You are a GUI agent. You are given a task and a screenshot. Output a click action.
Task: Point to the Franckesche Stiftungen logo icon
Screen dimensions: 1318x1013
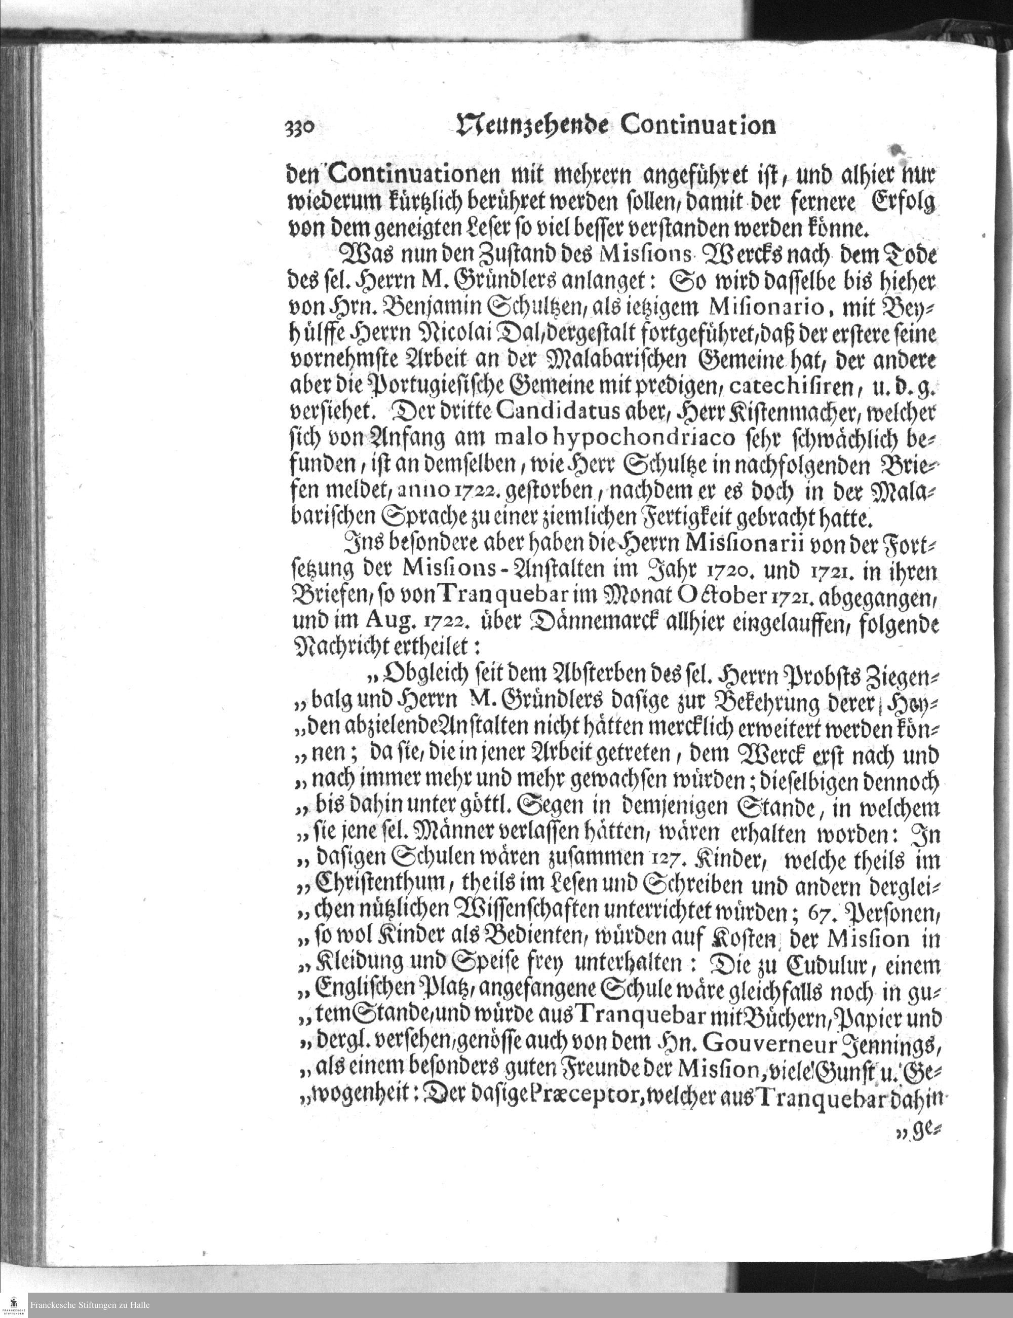pos(14,1305)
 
